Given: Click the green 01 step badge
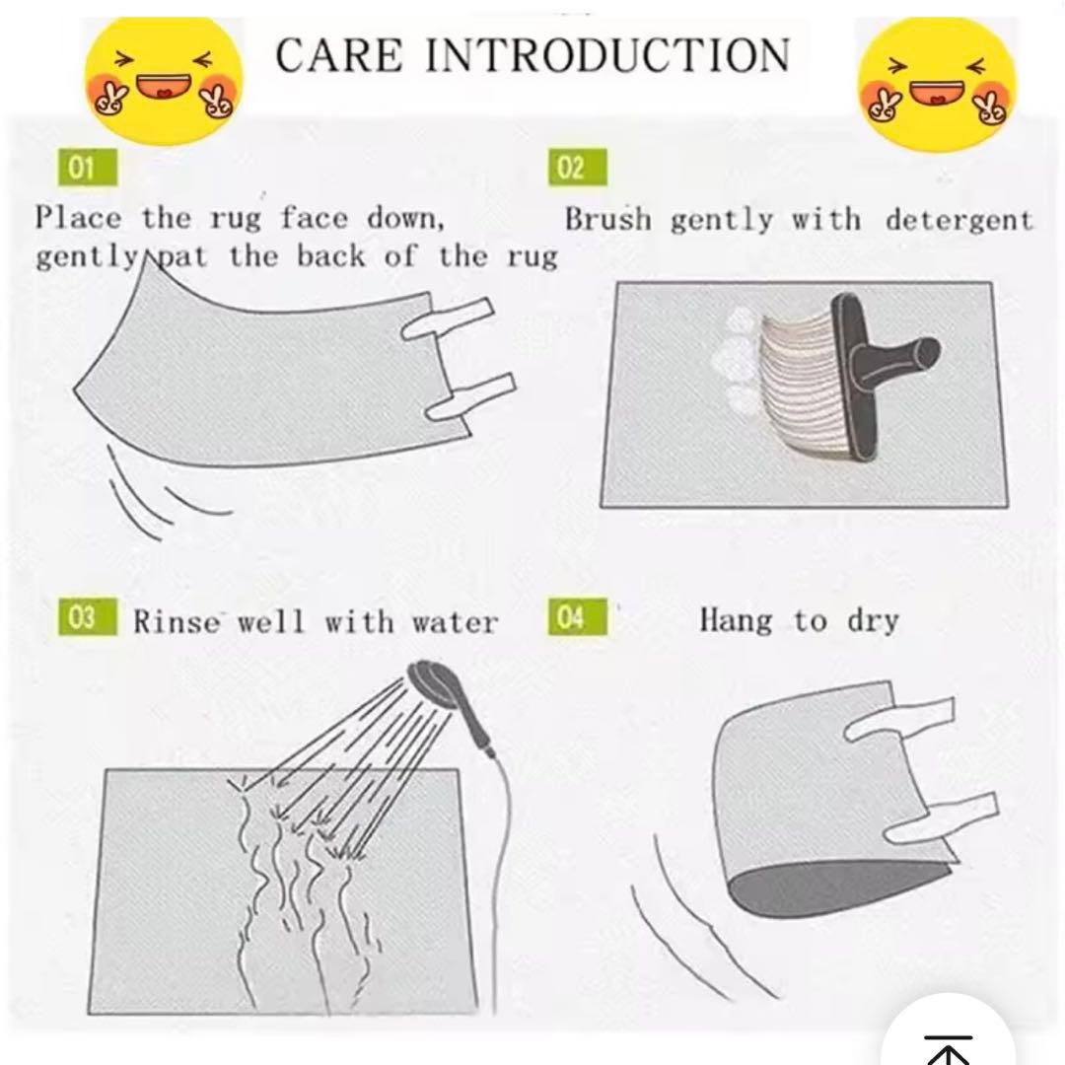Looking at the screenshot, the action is click(88, 167).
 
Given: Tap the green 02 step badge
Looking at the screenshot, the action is click(577, 167).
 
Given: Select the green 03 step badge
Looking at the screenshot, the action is click(88, 616).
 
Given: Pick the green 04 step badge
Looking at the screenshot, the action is click(577, 616).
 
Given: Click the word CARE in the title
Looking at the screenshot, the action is click(339, 55).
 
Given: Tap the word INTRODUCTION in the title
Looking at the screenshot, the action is click(607, 55).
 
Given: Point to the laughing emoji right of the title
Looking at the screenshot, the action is click(938, 84).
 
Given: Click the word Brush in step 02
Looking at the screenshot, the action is click(607, 219).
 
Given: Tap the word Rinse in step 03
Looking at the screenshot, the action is click(177, 621).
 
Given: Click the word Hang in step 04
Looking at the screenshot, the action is click(737, 620).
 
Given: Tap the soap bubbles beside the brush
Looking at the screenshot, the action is click(737, 360).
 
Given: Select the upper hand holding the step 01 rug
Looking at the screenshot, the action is click(449, 319).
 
